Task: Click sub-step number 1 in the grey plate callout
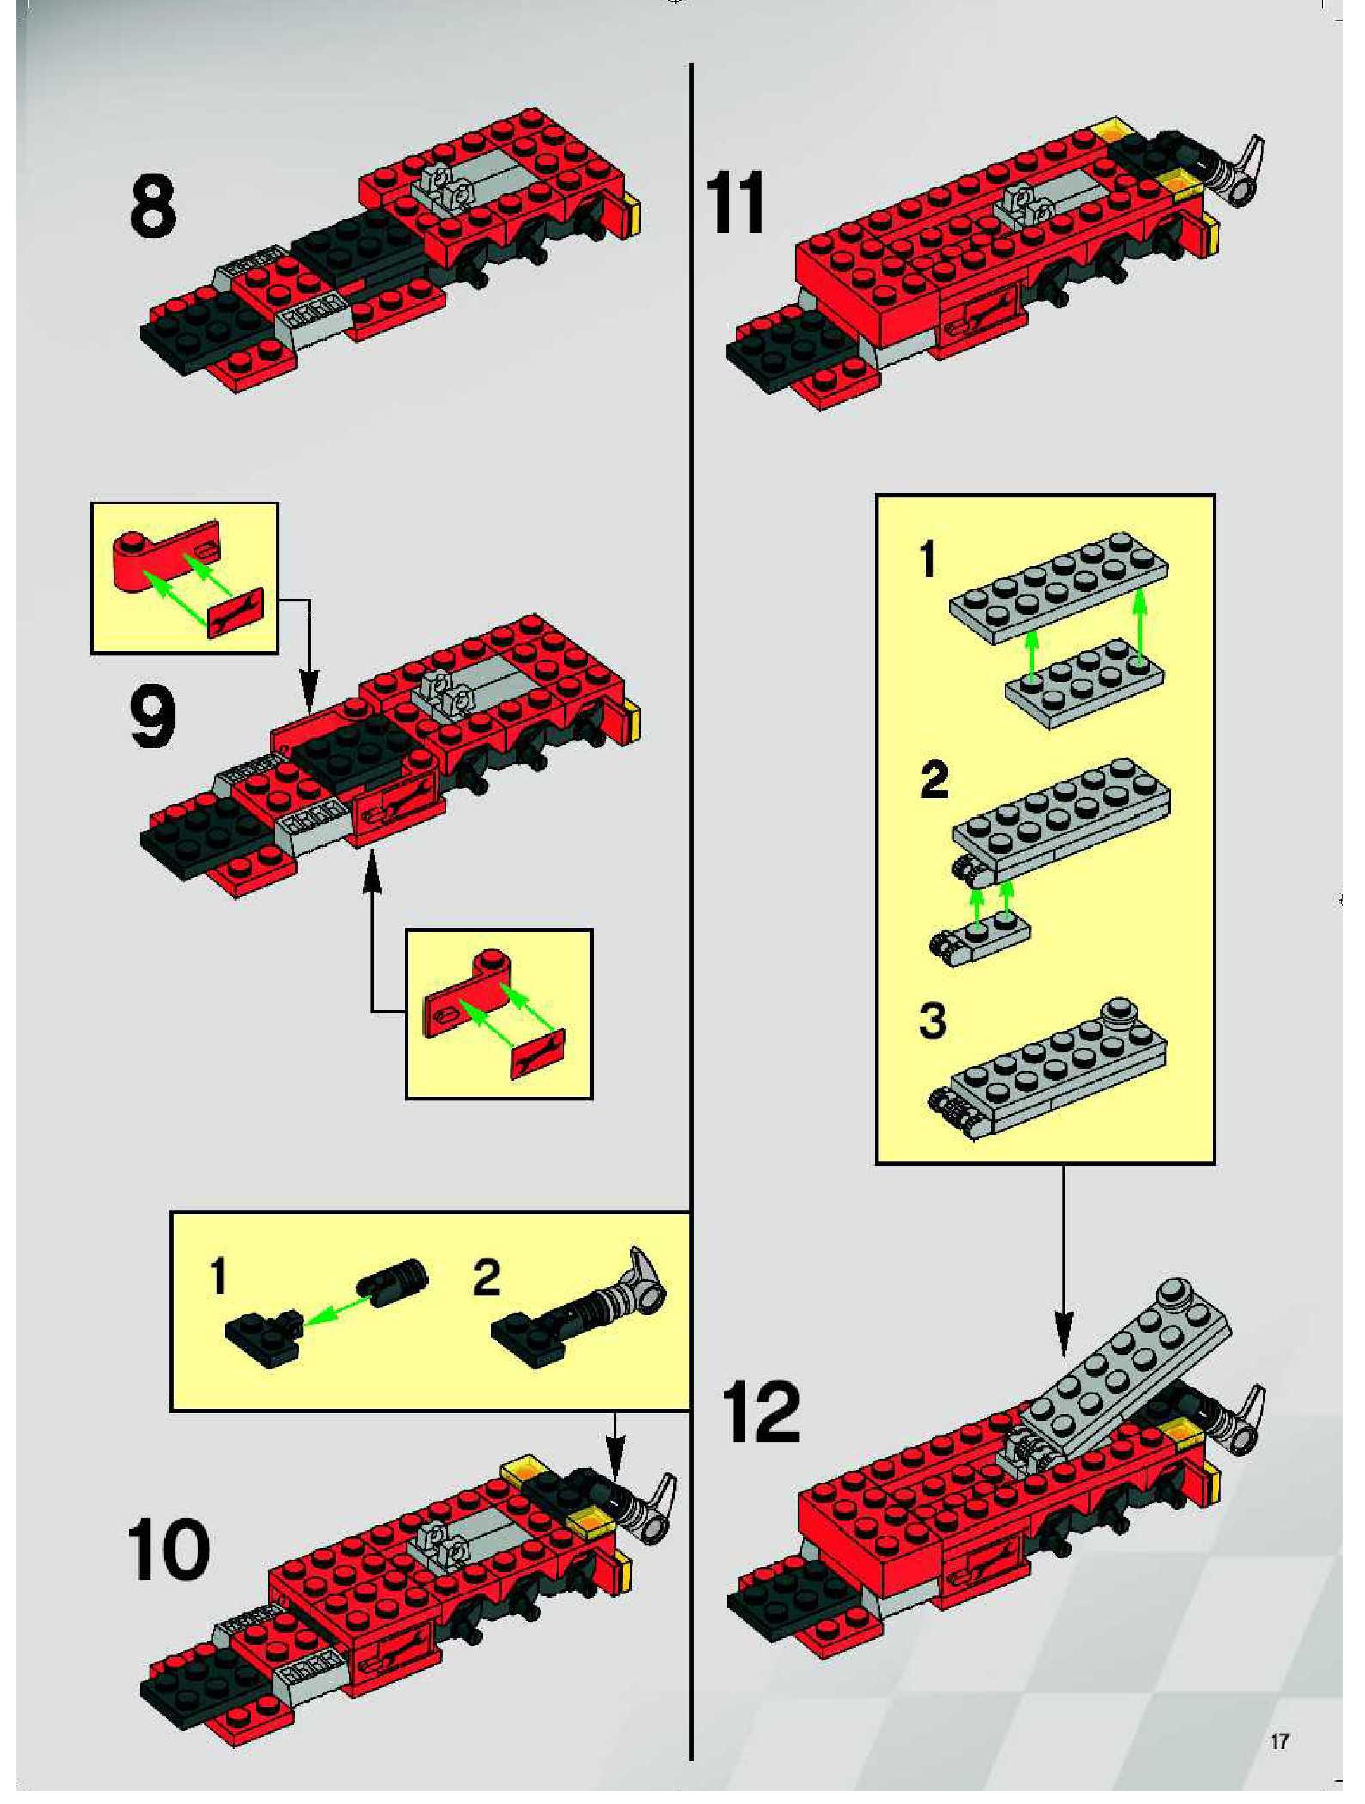(927, 561)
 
